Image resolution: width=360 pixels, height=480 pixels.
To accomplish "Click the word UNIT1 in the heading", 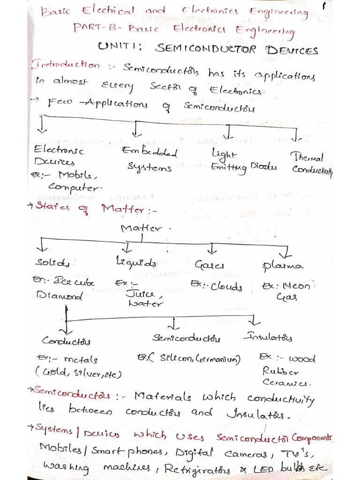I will pos(122,47).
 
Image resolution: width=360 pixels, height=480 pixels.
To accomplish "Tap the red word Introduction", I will pos(65,66).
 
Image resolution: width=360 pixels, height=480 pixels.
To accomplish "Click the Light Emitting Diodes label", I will pos(243,160).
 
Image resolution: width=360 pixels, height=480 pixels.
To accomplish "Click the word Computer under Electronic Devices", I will pos(74,188).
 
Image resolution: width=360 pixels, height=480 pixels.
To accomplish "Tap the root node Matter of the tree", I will pos(141,229).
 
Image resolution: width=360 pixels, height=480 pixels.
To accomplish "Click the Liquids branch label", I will pos(136,262).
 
